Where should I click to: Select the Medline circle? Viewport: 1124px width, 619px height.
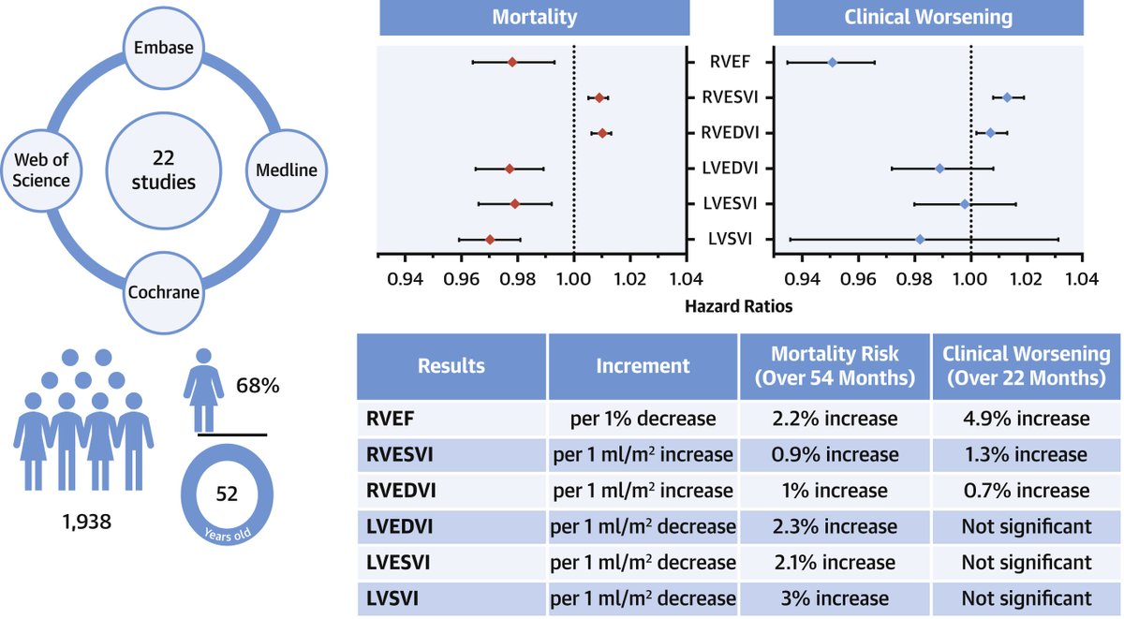tap(285, 170)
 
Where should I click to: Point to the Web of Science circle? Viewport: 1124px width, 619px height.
tap(42, 170)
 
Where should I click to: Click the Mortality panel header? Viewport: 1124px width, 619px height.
tap(534, 17)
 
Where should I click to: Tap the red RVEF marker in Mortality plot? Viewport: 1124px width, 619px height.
tap(512, 62)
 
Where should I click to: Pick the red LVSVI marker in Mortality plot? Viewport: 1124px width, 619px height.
tap(490, 240)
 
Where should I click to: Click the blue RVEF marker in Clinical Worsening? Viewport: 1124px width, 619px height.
tap(832, 62)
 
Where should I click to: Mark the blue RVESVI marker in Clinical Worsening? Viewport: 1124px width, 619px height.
tap(1007, 97)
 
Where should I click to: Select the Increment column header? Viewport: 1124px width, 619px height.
tap(643, 365)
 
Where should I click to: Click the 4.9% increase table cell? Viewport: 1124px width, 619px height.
tap(1027, 419)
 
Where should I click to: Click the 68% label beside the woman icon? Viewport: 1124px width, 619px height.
tap(257, 386)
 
